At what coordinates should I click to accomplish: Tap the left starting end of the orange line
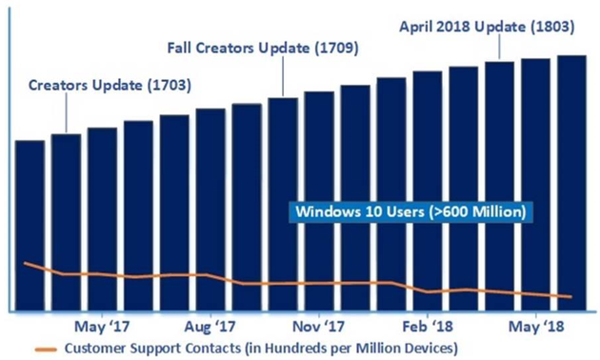point(26,263)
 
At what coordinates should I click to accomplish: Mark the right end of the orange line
point(571,297)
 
